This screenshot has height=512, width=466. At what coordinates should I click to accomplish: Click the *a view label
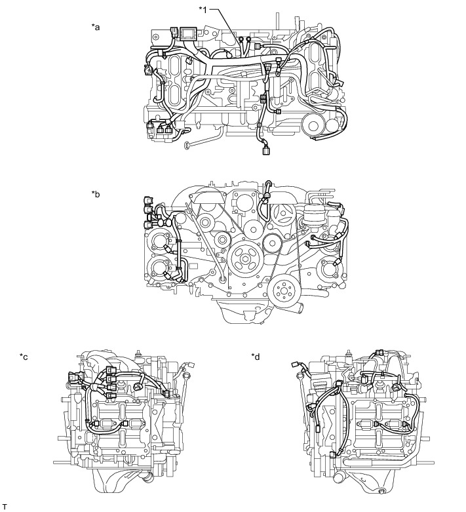pyautogui.click(x=96, y=27)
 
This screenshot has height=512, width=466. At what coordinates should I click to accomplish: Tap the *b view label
pyautogui.click(x=96, y=194)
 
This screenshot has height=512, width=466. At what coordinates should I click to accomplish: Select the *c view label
pyautogui.click(x=24, y=357)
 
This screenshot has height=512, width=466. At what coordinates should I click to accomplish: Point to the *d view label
pyautogui.click(x=256, y=357)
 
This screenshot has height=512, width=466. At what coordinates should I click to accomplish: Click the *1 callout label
pyautogui.click(x=203, y=10)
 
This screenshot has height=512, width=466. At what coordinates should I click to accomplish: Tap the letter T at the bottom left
pyautogui.click(x=4, y=507)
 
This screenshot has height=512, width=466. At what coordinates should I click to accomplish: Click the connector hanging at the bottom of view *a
pyautogui.click(x=265, y=151)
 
